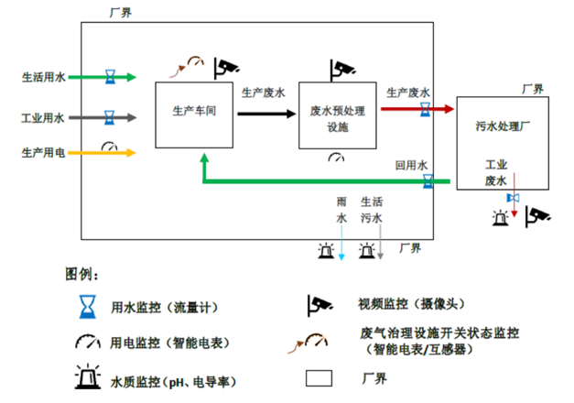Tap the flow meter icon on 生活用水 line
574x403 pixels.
point(110,76)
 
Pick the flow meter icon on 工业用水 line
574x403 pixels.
point(110,118)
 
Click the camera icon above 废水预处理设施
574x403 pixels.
point(341,69)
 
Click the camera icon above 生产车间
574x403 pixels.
point(226,66)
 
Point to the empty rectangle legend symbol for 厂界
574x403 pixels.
point(319,377)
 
